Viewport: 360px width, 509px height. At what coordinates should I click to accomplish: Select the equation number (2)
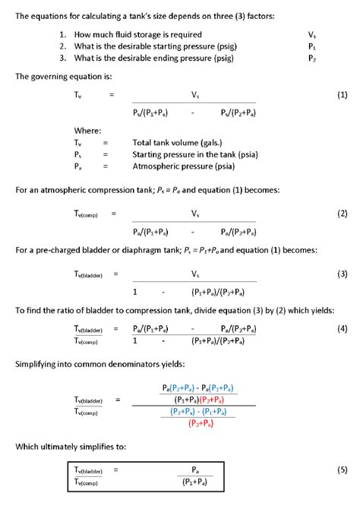coord(342,214)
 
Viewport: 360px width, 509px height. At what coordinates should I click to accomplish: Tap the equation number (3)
coord(342,273)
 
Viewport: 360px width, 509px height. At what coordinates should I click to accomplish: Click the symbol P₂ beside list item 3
coord(311,58)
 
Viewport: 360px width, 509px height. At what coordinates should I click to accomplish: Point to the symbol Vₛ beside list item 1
coord(311,35)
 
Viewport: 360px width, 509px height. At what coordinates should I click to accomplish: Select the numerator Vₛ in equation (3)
coord(195,273)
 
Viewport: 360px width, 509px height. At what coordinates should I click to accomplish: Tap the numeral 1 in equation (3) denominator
coord(134,292)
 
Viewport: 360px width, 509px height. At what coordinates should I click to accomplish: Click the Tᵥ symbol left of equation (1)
coord(78,95)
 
